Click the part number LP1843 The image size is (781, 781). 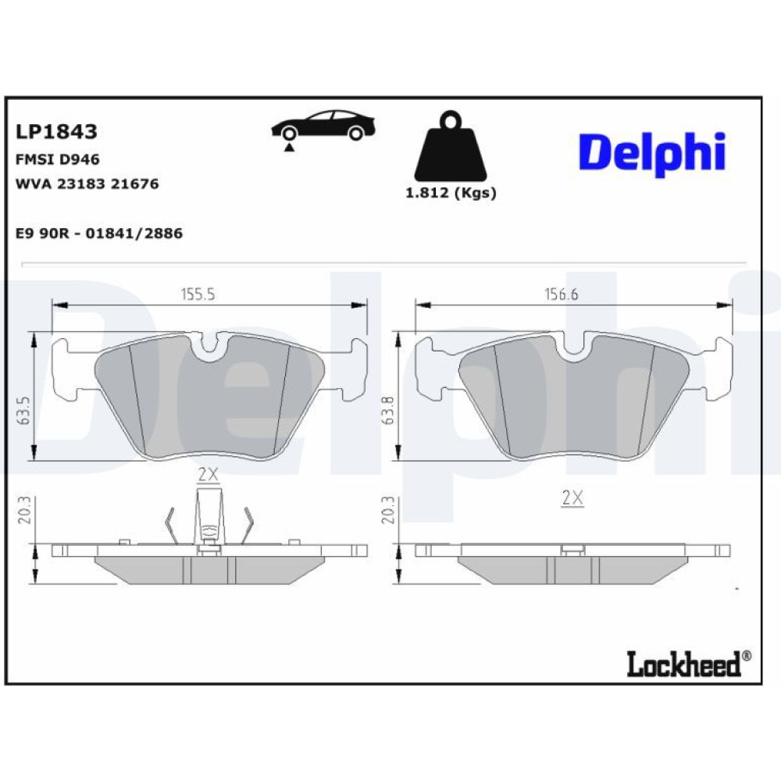tap(56, 131)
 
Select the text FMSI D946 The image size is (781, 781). tap(58, 159)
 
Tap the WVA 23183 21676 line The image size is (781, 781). tap(87, 184)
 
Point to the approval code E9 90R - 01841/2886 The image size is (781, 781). tap(99, 233)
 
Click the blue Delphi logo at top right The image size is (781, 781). tap(652, 154)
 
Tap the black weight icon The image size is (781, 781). tap(451, 147)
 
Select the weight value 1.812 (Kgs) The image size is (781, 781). tap(451, 193)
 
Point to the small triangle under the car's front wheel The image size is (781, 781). tap(289, 147)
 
